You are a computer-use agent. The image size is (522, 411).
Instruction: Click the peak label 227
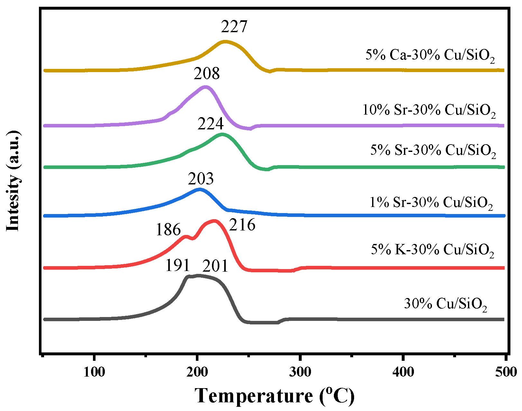click(x=234, y=27)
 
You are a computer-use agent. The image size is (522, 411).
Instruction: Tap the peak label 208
click(x=206, y=74)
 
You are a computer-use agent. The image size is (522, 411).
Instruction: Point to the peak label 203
click(x=201, y=179)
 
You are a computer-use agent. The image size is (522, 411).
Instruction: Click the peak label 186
click(x=168, y=230)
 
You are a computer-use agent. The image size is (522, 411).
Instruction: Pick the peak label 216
click(x=242, y=225)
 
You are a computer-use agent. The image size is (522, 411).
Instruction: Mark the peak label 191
click(x=178, y=266)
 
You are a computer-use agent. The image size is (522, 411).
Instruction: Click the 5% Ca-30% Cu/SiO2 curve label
click(x=430, y=56)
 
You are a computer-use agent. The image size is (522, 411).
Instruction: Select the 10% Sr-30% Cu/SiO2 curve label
click(x=429, y=110)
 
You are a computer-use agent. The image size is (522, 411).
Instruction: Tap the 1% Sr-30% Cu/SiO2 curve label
click(x=431, y=203)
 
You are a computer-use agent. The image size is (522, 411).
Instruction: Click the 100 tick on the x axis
click(x=94, y=372)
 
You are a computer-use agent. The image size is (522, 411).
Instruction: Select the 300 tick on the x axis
click(x=300, y=372)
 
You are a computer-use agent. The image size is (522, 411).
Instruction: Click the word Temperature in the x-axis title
click(x=254, y=396)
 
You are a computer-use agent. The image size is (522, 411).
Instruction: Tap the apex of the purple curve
click(x=205, y=87)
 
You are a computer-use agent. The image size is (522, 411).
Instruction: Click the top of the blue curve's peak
click(x=200, y=189)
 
